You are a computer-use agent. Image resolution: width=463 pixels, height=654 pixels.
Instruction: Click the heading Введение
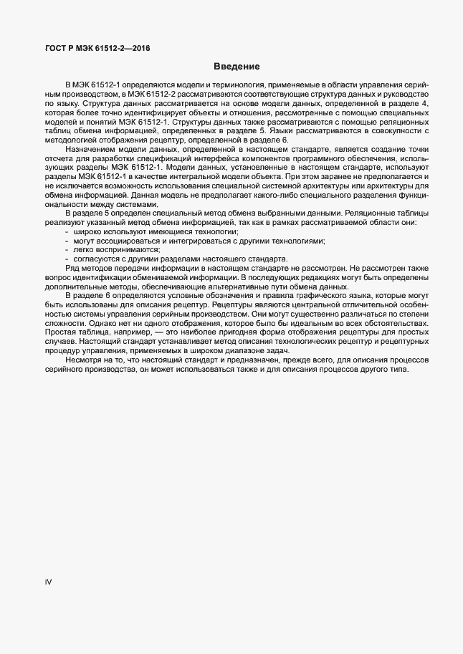coord(236,67)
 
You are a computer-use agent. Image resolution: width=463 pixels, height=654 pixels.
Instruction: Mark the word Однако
coord(60,323)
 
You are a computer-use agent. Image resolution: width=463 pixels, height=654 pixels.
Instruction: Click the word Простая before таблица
coord(60,332)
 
